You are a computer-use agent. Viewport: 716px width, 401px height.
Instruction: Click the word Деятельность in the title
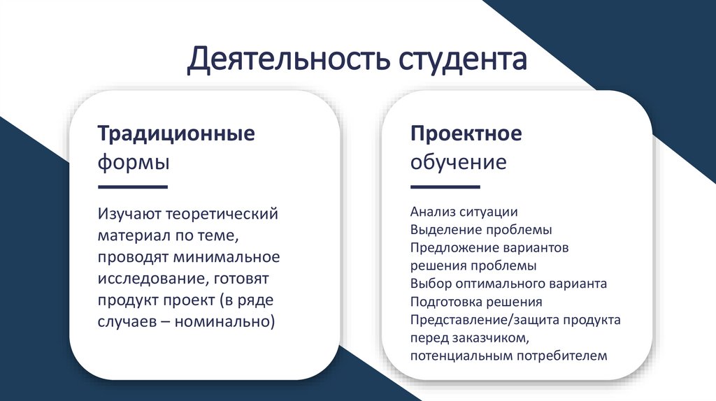(x=287, y=60)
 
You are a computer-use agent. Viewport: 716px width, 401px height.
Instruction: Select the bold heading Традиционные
(x=176, y=133)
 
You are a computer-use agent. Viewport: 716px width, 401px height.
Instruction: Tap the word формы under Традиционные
(x=133, y=163)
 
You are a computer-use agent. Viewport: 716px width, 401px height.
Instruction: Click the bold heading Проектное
(x=466, y=133)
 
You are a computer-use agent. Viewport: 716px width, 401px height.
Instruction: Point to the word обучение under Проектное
(x=458, y=163)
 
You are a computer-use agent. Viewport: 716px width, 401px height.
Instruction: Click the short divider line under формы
(x=133, y=187)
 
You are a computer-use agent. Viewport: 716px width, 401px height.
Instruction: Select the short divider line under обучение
(x=445, y=187)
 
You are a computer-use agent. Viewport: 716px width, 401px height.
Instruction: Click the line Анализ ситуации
(x=464, y=211)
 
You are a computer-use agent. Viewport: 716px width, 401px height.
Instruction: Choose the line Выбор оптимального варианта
(x=508, y=284)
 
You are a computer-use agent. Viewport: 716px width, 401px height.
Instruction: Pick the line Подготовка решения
(x=476, y=302)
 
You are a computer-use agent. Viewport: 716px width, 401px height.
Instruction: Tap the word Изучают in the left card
(x=133, y=212)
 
